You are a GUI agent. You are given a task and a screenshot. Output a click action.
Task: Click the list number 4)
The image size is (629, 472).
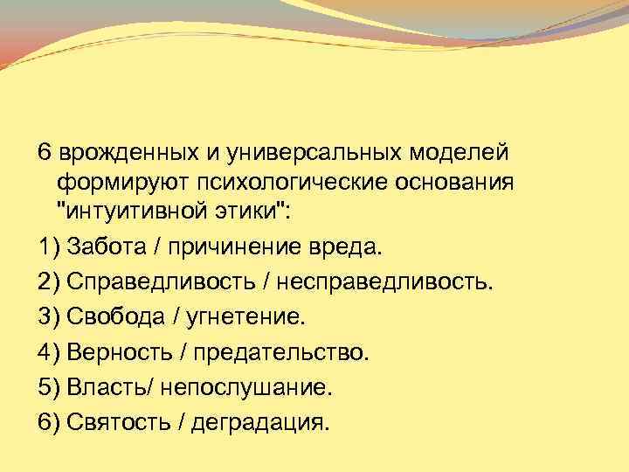pyautogui.click(x=49, y=352)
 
